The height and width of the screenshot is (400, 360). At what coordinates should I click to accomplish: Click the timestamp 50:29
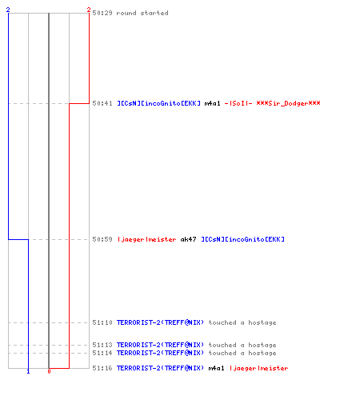click(102, 13)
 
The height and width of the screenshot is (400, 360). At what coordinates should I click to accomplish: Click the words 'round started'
click(142, 13)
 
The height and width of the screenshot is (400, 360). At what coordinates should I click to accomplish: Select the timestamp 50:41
click(102, 103)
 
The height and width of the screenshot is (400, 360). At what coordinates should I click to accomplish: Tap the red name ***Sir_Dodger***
click(288, 103)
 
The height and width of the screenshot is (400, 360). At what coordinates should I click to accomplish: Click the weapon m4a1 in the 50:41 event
click(213, 103)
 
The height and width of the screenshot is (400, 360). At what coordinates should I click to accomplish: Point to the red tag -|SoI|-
click(238, 103)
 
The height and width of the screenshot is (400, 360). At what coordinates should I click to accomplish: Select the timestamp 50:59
click(102, 239)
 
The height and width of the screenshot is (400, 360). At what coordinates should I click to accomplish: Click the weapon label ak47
click(188, 239)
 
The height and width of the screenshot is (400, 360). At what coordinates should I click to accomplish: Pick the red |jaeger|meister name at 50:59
click(146, 239)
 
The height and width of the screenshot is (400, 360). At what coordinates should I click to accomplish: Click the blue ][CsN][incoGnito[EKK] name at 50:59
click(242, 239)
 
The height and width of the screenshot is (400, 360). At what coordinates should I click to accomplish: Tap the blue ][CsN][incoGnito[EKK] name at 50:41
click(158, 103)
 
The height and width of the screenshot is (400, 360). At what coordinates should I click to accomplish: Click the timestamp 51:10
click(102, 322)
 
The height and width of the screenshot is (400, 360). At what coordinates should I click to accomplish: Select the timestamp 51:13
click(102, 345)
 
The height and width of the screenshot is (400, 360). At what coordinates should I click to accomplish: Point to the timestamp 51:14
click(102, 353)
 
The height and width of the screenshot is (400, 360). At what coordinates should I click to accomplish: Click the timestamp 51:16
click(102, 368)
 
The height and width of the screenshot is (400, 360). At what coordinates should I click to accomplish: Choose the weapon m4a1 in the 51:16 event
click(216, 368)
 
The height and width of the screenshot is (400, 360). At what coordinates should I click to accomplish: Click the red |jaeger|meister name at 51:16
click(258, 368)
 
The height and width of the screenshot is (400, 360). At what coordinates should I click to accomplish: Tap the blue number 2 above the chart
click(8, 10)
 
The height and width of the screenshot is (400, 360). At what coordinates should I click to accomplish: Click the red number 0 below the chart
click(49, 371)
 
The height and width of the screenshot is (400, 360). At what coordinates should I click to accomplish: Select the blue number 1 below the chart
click(28, 371)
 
